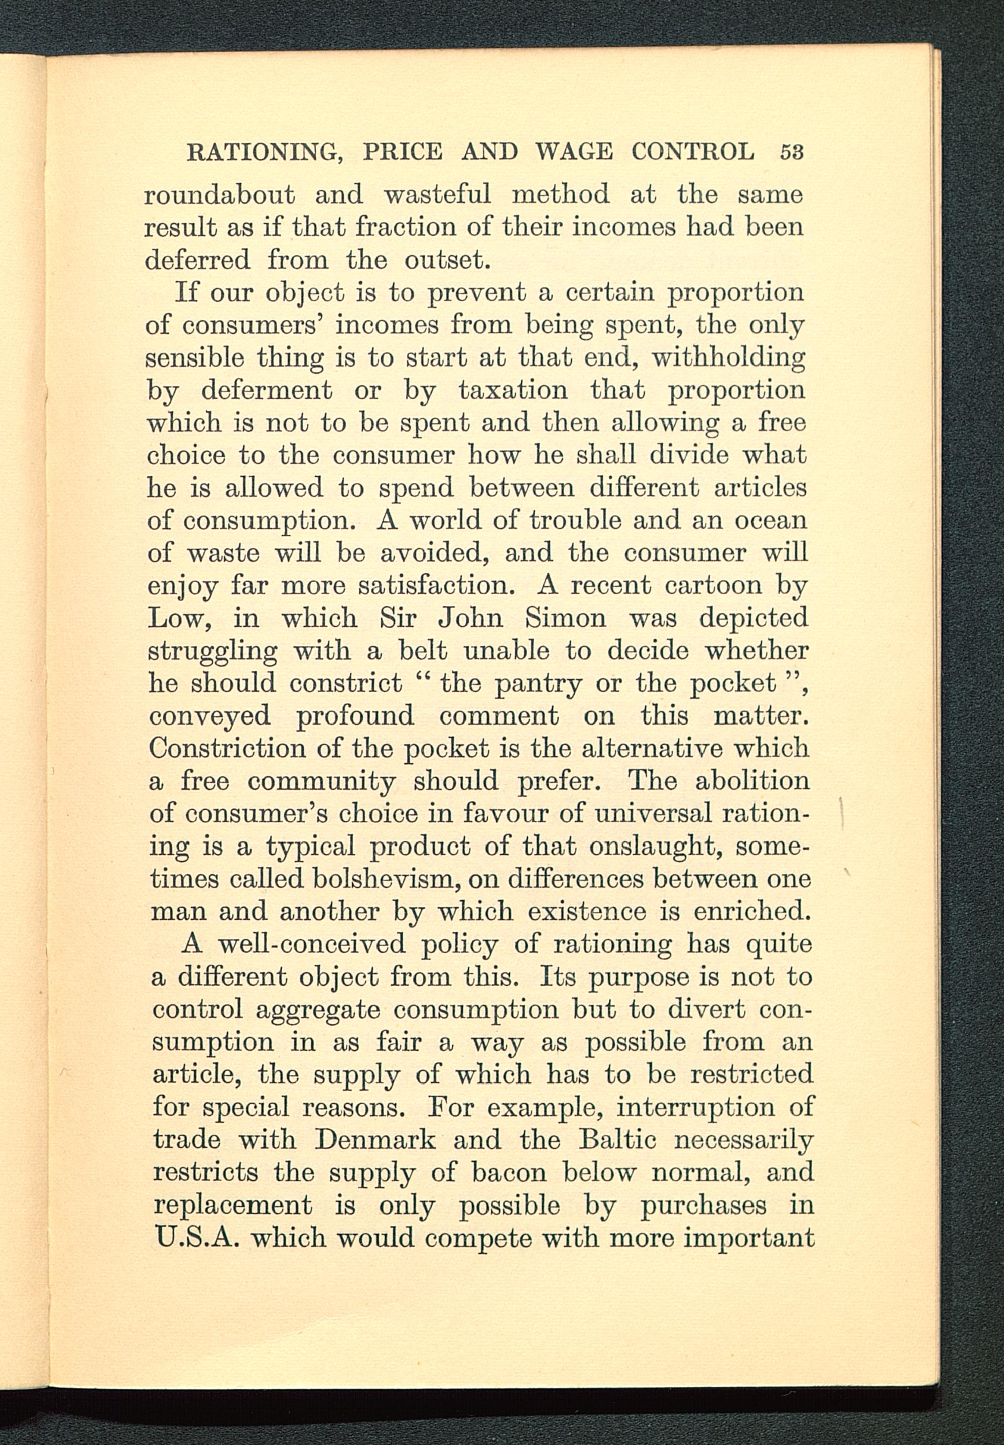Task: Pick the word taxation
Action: click(x=513, y=390)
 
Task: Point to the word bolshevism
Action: click(x=388, y=879)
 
